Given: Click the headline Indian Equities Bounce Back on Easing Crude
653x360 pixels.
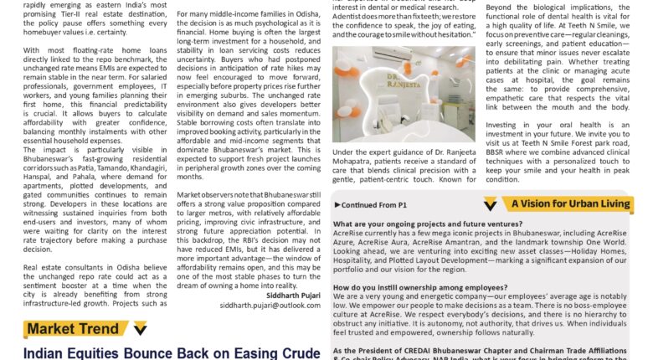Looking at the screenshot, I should click(x=172, y=352).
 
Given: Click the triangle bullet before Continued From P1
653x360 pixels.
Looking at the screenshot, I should click(x=337, y=203).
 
